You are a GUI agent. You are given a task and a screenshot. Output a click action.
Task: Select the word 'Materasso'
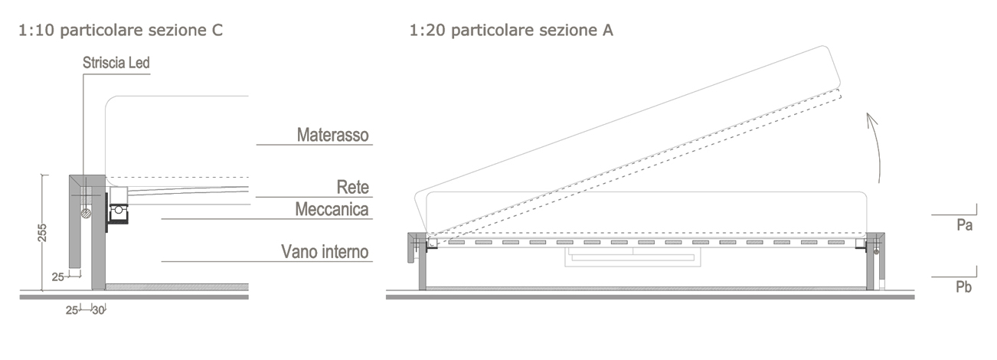[333, 136]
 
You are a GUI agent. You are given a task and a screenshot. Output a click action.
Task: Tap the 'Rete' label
[353, 187]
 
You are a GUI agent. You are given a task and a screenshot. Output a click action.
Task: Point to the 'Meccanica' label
[333, 209]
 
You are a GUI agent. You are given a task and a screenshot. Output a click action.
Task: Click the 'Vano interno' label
[325, 251]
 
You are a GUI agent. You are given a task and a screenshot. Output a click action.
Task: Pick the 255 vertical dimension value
[43, 233]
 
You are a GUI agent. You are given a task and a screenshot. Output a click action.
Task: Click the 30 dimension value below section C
[98, 310]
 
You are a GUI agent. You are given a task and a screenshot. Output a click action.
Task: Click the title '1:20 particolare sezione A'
[511, 31]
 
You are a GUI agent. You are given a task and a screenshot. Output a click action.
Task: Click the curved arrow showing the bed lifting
[875, 149]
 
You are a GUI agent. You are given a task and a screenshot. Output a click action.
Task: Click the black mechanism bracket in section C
[117, 218]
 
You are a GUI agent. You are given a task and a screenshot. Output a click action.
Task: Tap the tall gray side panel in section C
[98, 237]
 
